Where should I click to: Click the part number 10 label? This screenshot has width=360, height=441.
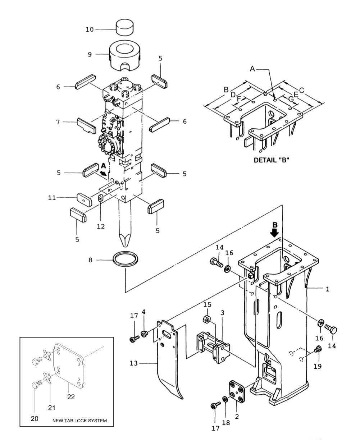click(89, 29)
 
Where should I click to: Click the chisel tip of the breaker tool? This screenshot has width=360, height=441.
click(124, 237)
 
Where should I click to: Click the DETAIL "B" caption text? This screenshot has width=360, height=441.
click(272, 160)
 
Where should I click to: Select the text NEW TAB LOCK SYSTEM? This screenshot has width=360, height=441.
click(79, 421)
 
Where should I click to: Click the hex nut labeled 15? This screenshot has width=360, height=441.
click(207, 318)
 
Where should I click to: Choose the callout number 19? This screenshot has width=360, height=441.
click(318, 367)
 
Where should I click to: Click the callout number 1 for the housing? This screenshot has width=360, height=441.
click(327, 289)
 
